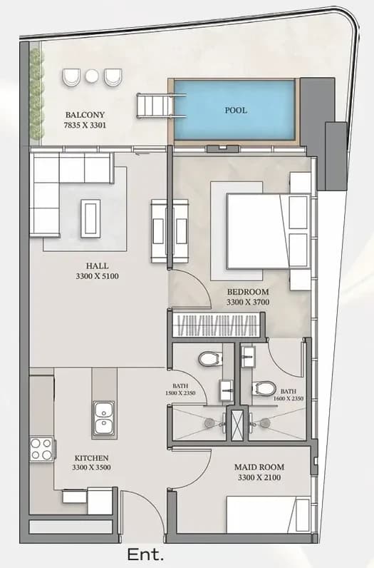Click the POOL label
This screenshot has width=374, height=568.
tap(236, 110)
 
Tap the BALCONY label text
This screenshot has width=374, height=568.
tap(85, 115)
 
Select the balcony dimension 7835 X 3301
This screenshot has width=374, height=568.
tap(85, 126)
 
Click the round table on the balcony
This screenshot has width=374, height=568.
tap(91, 76)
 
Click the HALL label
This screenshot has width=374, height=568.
tap(98, 265)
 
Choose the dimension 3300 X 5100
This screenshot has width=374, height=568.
tap(98, 276)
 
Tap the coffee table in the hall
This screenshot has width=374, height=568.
tap(90, 218)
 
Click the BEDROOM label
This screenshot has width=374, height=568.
tap(248, 292)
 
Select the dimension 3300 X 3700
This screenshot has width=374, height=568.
tap(248, 302)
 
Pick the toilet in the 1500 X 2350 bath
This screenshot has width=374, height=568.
tap(210, 360)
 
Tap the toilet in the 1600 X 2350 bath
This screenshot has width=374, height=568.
tap(264, 388)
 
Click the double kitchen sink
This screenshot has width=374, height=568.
tap(103, 419)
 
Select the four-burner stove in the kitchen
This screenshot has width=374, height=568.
tap(41, 449)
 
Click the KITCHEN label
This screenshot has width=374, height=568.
tap(91, 458)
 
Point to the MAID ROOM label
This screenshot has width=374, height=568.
tap(259, 467)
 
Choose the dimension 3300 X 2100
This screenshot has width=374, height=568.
tap(259, 478)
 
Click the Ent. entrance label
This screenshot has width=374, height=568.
tap(145, 554)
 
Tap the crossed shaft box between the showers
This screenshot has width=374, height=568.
tap(238, 424)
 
